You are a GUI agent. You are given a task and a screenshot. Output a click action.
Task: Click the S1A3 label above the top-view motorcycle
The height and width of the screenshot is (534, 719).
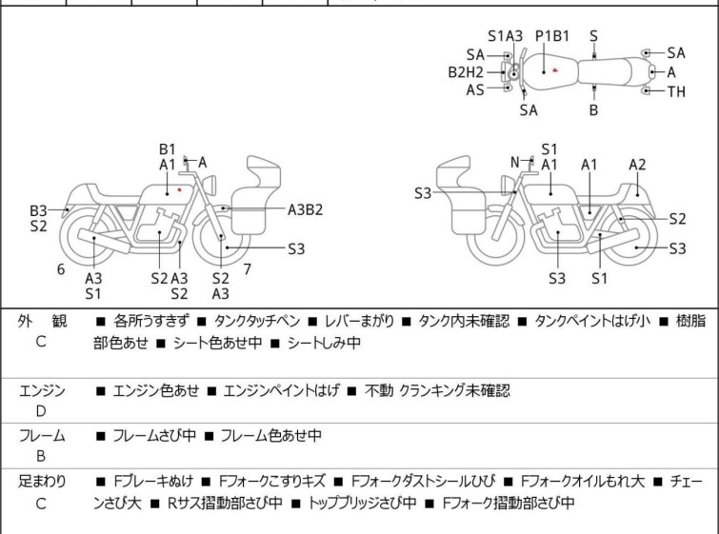coord(505,36)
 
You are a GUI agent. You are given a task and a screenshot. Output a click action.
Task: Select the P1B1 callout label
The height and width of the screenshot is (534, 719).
coord(552,36)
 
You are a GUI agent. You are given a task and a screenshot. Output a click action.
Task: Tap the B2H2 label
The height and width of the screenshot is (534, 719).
coord(466,72)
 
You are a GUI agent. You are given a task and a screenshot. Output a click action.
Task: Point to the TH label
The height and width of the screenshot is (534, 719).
coord(676,91)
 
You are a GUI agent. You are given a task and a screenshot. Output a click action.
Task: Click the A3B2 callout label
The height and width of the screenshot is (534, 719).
coord(305,210)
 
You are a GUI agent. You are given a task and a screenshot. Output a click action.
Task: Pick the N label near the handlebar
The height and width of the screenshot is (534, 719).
coord(515,162)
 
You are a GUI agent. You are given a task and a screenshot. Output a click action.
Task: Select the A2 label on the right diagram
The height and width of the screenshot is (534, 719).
coord(637,165)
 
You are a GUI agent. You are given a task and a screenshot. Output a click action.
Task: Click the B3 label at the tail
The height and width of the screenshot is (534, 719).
coord(38,211)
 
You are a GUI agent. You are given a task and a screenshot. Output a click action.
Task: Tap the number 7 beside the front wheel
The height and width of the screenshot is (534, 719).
coord(248,269)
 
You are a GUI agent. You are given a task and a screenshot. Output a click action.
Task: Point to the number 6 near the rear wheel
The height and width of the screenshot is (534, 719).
coord(61,269)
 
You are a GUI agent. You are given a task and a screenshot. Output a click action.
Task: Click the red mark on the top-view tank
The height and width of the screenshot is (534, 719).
coord(555,70)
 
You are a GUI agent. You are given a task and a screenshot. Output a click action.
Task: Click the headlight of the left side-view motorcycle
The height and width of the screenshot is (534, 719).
coord(210,186)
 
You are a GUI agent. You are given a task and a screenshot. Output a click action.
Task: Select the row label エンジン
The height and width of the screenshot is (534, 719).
coord(42,390)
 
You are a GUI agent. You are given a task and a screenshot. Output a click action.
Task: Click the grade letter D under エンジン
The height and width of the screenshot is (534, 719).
coord(41,411)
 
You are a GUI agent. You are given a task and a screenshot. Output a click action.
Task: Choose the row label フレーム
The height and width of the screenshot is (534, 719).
coord(42,435)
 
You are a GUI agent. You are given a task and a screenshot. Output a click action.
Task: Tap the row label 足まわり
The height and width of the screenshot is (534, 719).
coord(42,482)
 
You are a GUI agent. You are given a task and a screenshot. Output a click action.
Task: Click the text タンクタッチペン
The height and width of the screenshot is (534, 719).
coord(257,321)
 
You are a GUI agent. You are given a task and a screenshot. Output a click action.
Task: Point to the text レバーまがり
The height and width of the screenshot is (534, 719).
coord(359,321)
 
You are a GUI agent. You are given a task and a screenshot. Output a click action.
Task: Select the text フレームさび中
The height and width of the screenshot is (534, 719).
coord(154,435)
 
